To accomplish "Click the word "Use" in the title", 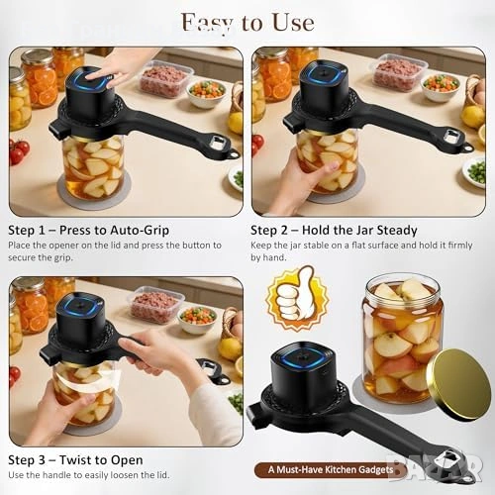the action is (293, 23).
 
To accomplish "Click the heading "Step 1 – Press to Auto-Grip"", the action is (89, 230).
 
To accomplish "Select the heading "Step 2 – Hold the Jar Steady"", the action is (334, 230).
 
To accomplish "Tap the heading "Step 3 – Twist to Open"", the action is (75, 460).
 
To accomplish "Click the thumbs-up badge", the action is (297, 299).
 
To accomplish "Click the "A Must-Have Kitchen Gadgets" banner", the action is (331, 469).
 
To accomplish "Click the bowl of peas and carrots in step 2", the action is (442, 87).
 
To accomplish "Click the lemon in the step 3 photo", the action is (230, 349).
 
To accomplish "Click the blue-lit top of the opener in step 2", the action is (322, 74).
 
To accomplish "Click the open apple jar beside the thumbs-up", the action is (403, 339).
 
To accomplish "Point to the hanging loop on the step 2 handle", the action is (467, 148).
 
